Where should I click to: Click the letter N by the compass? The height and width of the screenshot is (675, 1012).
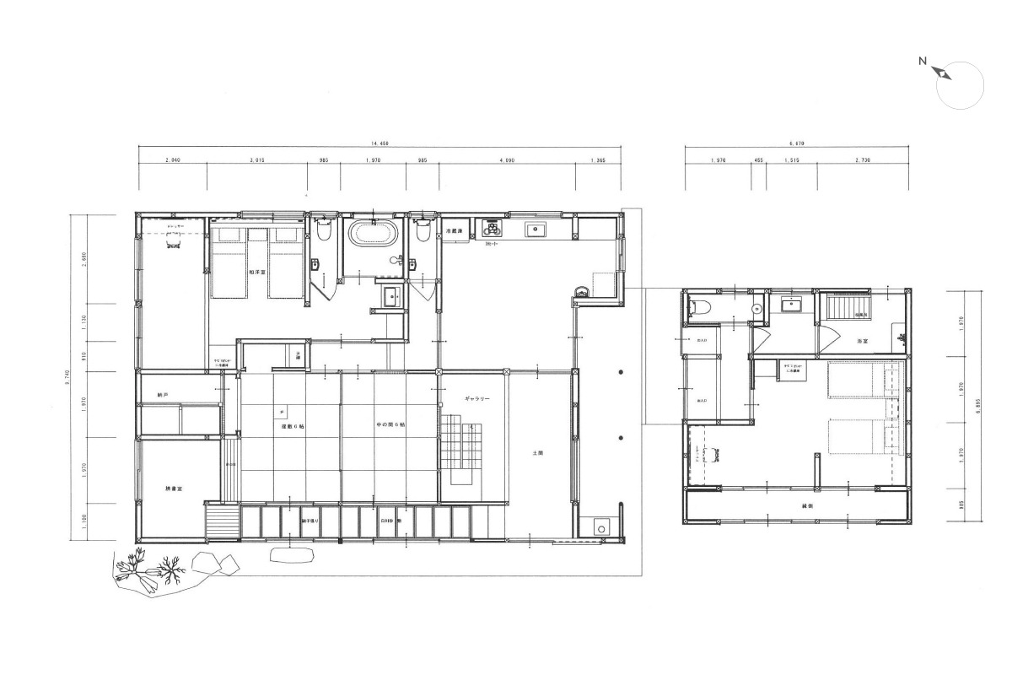point(923,61)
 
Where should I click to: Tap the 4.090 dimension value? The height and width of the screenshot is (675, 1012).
point(507,159)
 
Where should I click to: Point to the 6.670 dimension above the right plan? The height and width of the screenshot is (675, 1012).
point(797,143)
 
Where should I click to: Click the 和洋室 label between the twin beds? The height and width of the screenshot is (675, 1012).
point(257,272)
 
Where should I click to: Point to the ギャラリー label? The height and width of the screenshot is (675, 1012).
point(476,397)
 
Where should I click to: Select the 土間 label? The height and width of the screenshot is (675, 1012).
point(538,453)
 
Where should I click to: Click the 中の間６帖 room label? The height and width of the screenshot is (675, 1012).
point(390,425)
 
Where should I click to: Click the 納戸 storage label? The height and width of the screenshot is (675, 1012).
point(163,395)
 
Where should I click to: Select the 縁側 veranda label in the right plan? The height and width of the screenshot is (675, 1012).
point(795,505)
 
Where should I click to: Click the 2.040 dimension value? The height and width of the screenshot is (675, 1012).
point(173,159)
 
